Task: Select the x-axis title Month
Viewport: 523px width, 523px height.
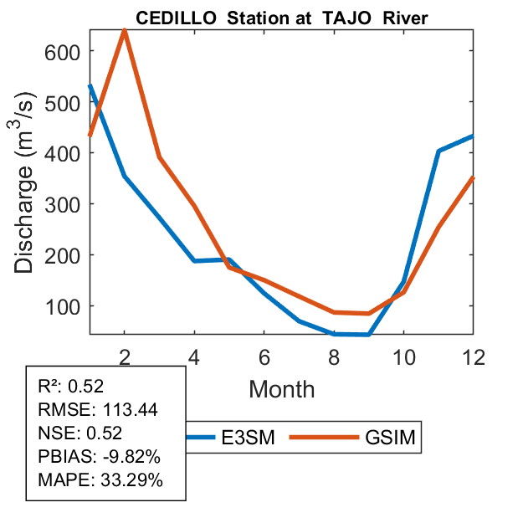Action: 281,388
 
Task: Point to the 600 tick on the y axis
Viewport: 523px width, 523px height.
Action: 62,52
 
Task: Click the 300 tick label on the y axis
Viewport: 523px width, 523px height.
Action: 62,204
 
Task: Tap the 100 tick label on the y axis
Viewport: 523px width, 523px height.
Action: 62,306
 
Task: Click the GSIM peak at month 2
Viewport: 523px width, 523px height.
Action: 125,30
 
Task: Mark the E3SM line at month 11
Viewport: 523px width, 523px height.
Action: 438,151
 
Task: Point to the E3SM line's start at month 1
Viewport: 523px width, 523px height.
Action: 90,85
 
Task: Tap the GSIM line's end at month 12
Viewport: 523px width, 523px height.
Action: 474,177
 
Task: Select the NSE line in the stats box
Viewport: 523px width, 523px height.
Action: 80,433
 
